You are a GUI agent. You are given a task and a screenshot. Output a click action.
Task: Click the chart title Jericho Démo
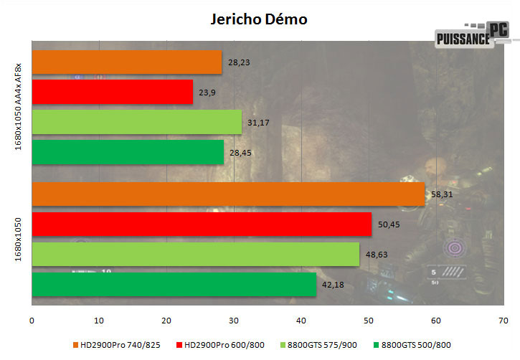(259, 19)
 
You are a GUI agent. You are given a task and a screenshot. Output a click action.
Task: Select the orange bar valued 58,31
(228, 194)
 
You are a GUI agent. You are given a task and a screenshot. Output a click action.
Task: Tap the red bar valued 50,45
(202, 224)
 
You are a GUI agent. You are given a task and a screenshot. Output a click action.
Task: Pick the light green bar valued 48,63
(195, 254)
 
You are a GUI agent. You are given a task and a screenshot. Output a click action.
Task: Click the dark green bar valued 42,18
(174, 284)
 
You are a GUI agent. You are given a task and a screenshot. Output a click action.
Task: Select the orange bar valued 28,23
(127, 62)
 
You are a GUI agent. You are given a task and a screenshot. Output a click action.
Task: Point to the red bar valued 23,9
(113, 92)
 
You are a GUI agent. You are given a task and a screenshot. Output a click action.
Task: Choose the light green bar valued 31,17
(137, 122)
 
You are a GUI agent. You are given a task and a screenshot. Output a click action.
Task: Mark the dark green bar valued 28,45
(128, 152)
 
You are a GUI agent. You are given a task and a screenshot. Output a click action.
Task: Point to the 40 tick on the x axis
(302, 320)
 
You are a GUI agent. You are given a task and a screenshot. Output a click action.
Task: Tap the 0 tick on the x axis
(32, 320)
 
